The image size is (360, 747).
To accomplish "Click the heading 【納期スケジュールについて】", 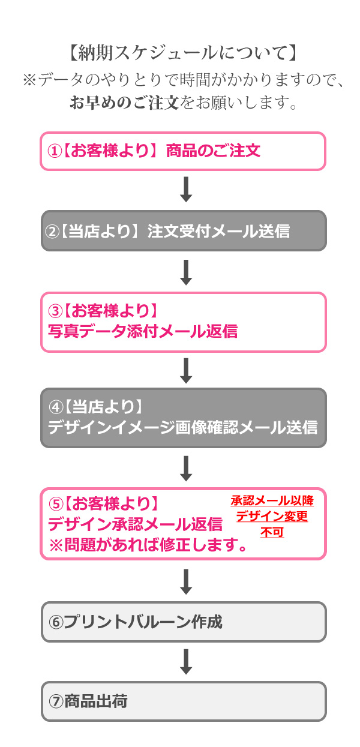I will (x=180, y=53).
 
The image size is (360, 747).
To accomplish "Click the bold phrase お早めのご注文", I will (x=124, y=102).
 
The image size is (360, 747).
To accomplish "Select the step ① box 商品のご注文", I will (x=183, y=151).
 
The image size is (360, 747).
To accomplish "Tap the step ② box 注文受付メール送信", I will (x=183, y=231).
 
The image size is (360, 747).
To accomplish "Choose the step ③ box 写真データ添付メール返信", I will (x=183, y=322).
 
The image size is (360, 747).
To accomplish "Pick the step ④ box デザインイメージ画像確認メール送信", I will (x=183, y=418).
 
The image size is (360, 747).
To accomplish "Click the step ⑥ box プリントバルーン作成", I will (x=183, y=622).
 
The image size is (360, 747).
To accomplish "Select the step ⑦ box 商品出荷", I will (x=183, y=701).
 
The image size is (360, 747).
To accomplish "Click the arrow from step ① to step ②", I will (x=186, y=190).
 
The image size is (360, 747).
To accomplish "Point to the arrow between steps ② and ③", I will (x=186, y=272).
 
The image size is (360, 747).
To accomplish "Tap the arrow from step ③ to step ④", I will (x=186, y=370).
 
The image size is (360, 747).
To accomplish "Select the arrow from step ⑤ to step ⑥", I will (x=186, y=581).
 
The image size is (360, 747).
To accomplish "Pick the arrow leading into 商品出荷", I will (x=186, y=661).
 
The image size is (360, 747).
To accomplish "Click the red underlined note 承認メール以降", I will (x=272, y=500).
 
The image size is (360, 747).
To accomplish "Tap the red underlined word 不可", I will (x=272, y=532).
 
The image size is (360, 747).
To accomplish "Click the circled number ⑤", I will (x=55, y=503).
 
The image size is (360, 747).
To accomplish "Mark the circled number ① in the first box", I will (x=55, y=151).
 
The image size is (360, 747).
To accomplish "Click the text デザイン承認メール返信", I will (x=135, y=524).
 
